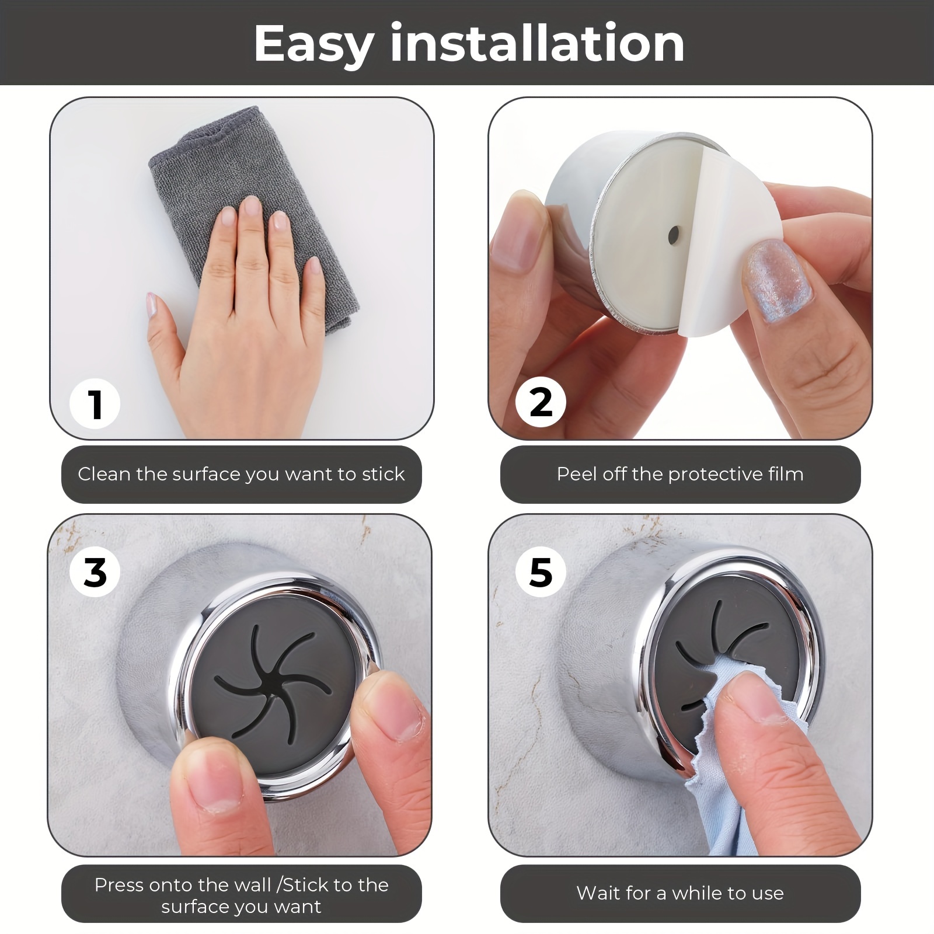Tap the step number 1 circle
(95, 404)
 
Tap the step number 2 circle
(541, 402)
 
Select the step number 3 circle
(95, 571)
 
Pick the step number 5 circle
(541, 571)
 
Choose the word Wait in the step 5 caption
(597, 893)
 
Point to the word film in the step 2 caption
(786, 473)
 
